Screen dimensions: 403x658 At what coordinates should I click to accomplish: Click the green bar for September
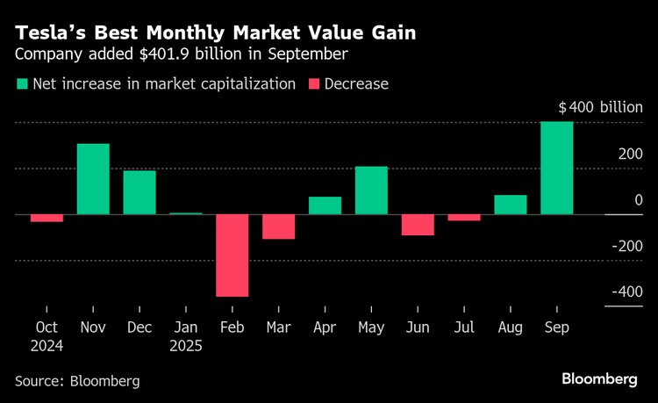(556, 168)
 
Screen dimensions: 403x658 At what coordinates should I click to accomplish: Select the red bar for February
(232, 255)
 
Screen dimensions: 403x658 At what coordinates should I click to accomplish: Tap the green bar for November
(93, 179)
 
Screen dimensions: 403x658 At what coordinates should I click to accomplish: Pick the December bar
(139, 192)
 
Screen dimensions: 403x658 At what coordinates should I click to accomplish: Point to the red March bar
(279, 227)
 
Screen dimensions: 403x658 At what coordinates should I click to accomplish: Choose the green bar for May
(371, 191)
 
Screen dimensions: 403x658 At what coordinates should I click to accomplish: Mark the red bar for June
(418, 225)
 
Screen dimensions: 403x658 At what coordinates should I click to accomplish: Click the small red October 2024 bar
(46, 218)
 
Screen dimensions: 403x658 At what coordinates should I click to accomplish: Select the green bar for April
(325, 205)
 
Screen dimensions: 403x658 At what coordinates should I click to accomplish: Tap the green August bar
(511, 205)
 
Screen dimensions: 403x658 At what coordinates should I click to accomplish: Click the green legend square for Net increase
(21, 84)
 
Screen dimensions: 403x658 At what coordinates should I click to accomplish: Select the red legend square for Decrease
(313, 84)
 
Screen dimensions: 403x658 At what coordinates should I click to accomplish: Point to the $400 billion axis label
(600, 108)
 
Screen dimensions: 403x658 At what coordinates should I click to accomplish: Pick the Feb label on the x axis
(232, 327)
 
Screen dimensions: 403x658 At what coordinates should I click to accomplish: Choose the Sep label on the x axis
(556, 327)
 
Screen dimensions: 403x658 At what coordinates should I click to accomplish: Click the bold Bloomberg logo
(599, 379)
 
